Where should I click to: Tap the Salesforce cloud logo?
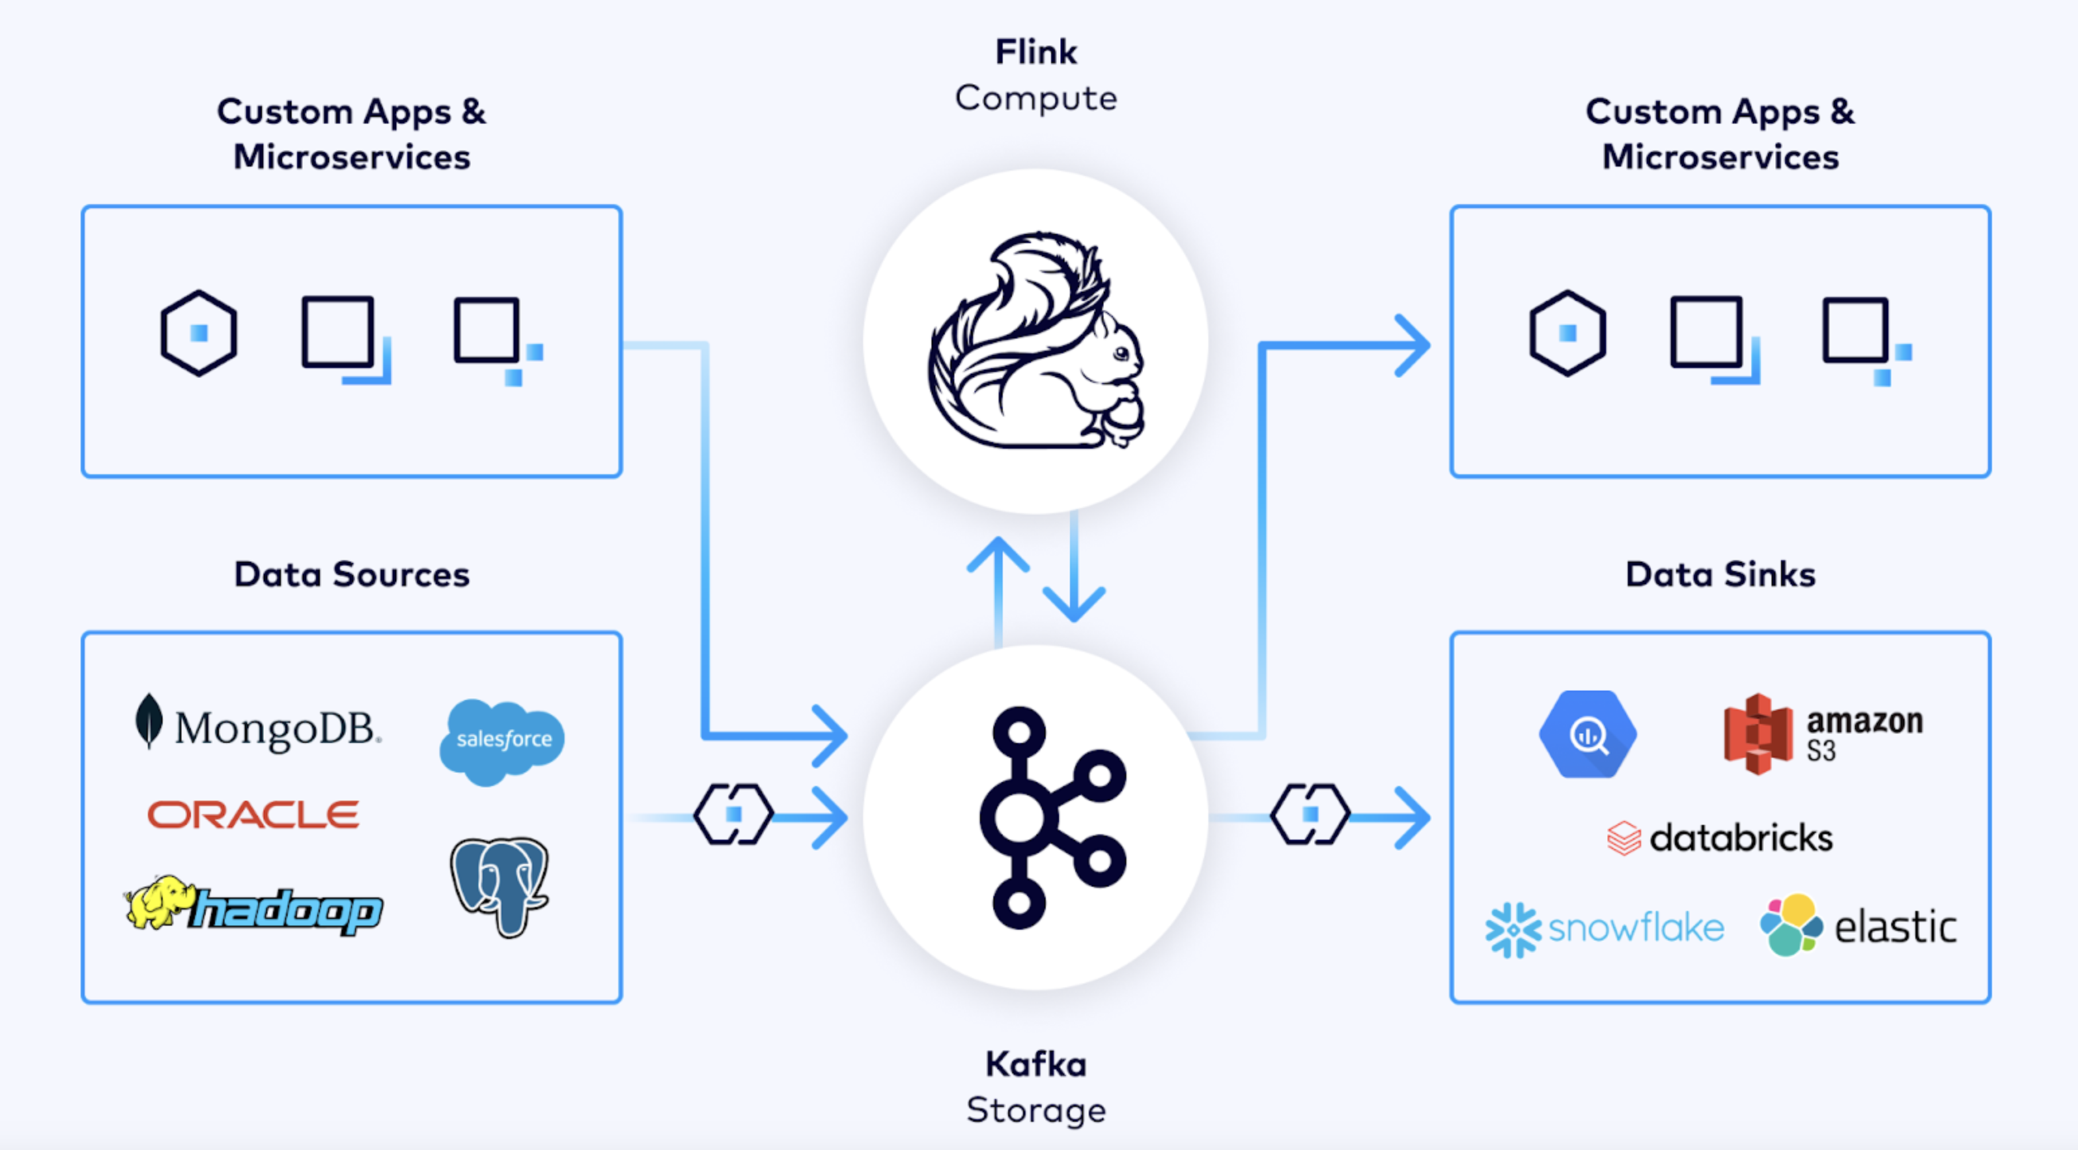coord(502,740)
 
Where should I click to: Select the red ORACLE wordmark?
coord(253,815)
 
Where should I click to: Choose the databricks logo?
coord(1720,838)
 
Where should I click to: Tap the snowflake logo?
coord(1604,928)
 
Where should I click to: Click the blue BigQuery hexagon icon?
coord(1587,734)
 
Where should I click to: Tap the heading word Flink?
coord(1036,52)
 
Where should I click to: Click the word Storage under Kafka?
coord(1036,1110)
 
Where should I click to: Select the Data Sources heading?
coord(351,574)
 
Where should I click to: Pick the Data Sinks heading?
coord(1720,574)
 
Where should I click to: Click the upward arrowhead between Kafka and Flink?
coord(998,554)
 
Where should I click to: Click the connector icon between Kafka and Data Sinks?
coord(1310,815)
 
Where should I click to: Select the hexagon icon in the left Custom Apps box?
coord(198,333)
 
